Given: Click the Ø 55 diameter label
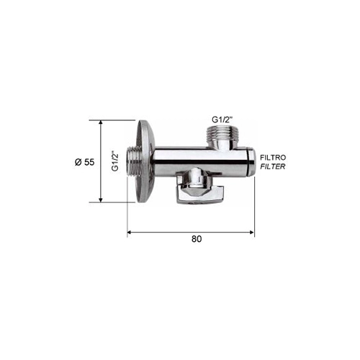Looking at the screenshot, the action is (x=85, y=162).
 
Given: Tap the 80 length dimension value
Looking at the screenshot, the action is (x=197, y=239).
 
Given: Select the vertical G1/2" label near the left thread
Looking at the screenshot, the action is (x=115, y=161).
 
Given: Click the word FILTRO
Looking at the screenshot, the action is (x=273, y=158).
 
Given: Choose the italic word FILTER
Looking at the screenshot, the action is (x=273, y=166).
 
